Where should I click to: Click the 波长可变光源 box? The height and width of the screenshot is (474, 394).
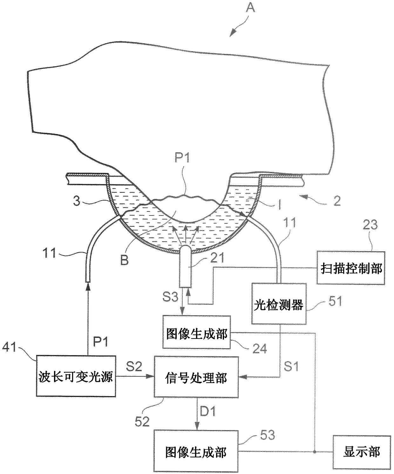pos(76,376)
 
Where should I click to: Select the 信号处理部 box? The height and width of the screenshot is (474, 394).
pos(196,377)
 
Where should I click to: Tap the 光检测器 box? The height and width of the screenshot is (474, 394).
pos(279,304)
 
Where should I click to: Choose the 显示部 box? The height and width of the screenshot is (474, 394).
pos(362,451)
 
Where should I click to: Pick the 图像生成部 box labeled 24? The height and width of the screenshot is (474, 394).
pos(196,333)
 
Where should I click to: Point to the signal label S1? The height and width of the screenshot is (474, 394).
pos(291,367)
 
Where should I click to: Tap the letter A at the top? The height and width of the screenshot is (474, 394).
pos(251,7)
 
